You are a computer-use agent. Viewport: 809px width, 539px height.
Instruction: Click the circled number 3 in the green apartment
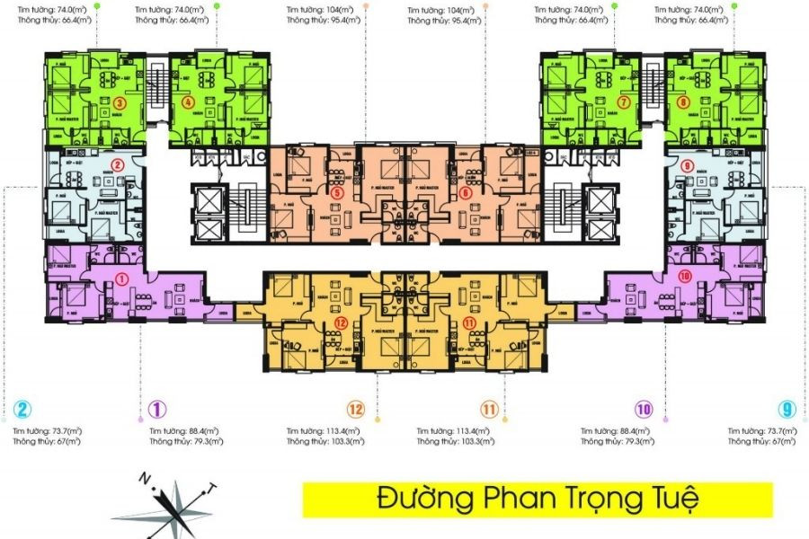click(118, 102)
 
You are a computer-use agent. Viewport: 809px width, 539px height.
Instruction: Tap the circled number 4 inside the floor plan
click(187, 102)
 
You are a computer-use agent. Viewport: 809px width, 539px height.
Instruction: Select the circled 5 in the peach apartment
click(336, 192)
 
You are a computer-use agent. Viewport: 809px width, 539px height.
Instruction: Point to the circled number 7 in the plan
click(622, 102)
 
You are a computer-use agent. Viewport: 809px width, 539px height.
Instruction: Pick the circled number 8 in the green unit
click(684, 102)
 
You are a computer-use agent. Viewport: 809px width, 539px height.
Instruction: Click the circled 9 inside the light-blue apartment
click(688, 166)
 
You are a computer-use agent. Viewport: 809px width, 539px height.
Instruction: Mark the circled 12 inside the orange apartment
click(340, 322)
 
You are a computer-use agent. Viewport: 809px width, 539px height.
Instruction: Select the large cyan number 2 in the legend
click(22, 411)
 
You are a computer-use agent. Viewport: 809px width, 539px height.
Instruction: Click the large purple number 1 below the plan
click(156, 411)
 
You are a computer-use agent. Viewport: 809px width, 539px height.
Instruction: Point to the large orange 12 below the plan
click(356, 411)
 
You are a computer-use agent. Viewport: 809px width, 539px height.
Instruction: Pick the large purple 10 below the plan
click(643, 410)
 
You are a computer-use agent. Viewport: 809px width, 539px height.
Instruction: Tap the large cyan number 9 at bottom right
click(787, 411)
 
